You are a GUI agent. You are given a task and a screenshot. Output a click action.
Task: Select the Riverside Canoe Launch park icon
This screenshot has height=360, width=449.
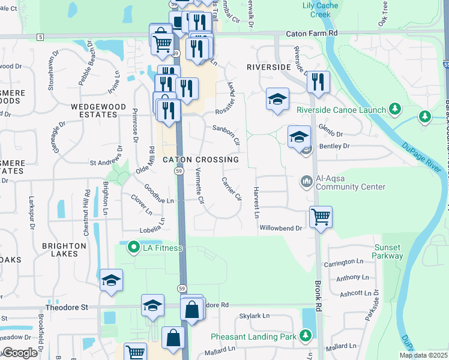click(394, 109)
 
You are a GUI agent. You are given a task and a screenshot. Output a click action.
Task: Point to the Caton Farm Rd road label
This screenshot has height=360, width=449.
click(312, 34)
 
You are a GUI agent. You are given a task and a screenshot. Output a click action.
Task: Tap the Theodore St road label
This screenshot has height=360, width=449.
click(67, 307)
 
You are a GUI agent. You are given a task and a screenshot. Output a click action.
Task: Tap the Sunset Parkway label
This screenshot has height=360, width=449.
click(388, 251)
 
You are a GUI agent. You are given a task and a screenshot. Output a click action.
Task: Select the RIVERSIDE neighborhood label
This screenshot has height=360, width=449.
click(269, 68)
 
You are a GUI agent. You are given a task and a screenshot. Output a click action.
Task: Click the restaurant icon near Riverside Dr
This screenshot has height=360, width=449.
click(318, 82)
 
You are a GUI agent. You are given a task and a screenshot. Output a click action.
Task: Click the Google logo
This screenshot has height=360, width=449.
click(20, 353)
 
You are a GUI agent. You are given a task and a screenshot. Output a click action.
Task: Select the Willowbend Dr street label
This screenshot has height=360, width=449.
click(280, 228)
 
